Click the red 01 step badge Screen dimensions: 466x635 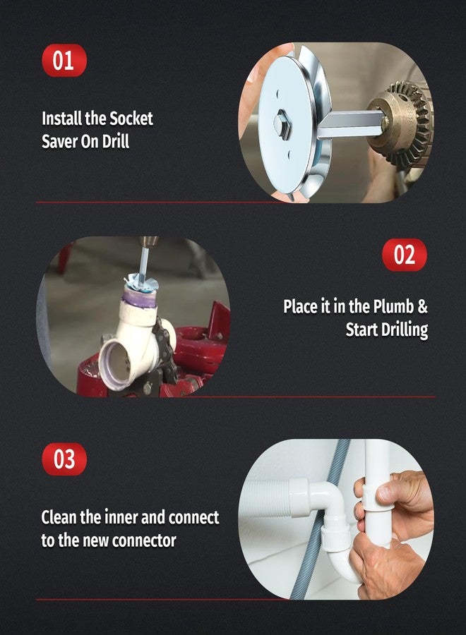pyautogui.click(x=64, y=61)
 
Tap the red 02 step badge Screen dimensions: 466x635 pyautogui.click(x=405, y=255)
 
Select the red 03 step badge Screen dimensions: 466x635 pyautogui.click(x=64, y=459)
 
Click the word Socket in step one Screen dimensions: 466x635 pyautogui.click(x=131, y=119)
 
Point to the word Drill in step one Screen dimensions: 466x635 pyautogui.click(x=116, y=141)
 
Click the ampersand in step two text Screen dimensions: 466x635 pyautogui.click(x=422, y=307)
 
